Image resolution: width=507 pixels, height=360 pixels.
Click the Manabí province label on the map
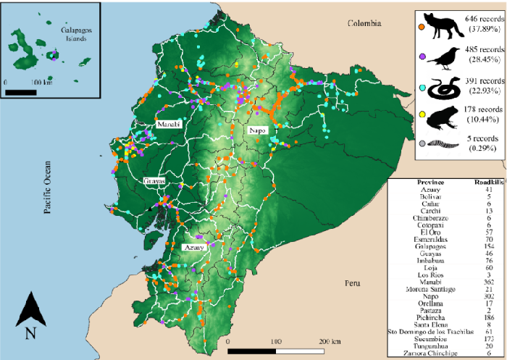167,125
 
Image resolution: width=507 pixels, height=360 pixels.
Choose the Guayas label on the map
154,180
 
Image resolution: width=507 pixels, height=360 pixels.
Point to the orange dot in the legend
421,27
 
